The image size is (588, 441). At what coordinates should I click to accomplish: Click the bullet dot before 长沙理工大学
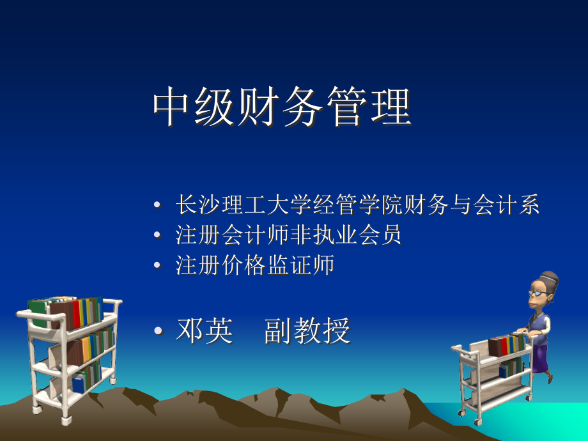[158, 206]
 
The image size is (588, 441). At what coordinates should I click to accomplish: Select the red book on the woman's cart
[506, 345]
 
